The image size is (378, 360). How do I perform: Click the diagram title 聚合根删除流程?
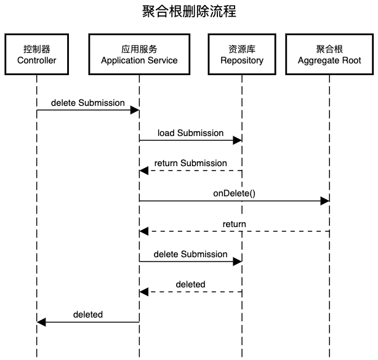click(189, 12)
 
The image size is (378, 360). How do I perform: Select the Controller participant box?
click(36, 54)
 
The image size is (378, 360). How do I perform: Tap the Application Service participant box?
click(139, 54)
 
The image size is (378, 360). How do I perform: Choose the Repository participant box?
click(241, 54)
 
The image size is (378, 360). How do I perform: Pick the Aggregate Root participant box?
click(329, 54)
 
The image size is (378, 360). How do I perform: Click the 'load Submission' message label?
click(190, 133)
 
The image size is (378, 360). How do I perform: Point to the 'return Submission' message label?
click(190, 163)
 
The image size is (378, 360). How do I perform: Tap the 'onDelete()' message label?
click(234, 193)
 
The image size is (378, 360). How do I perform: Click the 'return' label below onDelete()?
click(234, 224)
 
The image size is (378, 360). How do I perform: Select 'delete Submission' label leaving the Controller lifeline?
click(88, 103)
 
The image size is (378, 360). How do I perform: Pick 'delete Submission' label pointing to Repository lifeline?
click(190, 254)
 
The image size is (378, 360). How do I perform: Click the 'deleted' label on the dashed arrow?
click(190, 284)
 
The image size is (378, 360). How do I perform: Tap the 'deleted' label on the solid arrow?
click(88, 314)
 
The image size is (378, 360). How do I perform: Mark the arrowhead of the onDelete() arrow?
click(325, 201)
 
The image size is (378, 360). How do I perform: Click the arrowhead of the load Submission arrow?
click(237, 141)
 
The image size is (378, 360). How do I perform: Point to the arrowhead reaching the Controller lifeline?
click(41, 322)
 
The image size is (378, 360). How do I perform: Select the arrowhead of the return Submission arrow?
click(144, 171)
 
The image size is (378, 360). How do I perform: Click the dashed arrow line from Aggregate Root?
click(277, 231)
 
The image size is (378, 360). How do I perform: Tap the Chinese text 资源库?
click(241, 49)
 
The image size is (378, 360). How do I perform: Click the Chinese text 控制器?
click(36, 49)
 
